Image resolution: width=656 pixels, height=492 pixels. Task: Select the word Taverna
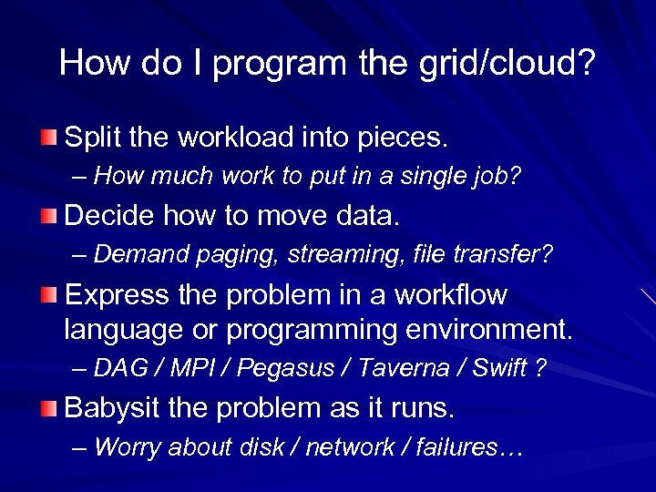pyautogui.click(x=404, y=368)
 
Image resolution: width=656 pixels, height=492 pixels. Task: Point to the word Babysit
pyautogui.click(x=113, y=408)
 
